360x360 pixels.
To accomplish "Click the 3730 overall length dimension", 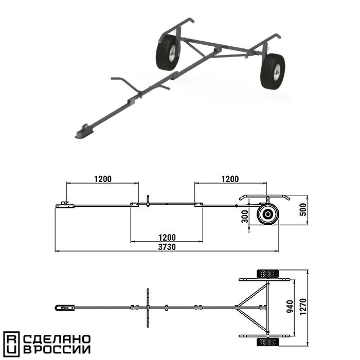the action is [167, 247].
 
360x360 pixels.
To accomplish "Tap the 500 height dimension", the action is [303, 209].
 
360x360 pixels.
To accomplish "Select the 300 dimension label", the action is [245, 217].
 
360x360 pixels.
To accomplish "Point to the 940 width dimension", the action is [290, 307].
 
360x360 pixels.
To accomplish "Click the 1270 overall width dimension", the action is [303, 307].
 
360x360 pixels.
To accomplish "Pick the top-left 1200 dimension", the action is [103, 179].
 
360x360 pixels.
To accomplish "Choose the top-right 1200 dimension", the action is [230, 179].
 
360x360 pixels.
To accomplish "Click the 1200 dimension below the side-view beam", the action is [167, 238].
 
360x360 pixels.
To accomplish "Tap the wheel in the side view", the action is [268, 214].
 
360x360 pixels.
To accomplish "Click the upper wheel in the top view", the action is [268, 274].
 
